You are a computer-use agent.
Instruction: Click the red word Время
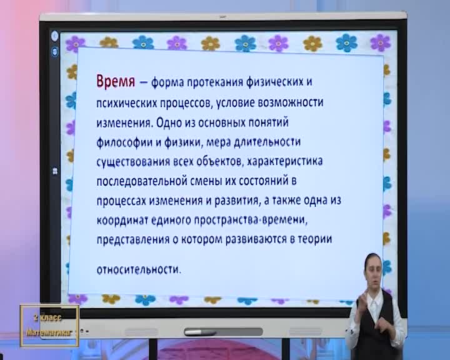(x=116, y=81)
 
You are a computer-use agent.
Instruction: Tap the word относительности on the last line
(x=139, y=269)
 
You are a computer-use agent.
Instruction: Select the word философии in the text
(x=124, y=142)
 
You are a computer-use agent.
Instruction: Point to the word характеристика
(x=285, y=161)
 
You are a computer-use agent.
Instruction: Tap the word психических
(x=126, y=103)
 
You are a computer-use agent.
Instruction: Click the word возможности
(x=291, y=102)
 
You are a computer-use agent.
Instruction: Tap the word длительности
(x=267, y=142)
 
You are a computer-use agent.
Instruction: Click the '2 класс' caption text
(x=47, y=317)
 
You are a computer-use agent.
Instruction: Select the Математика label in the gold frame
(x=49, y=332)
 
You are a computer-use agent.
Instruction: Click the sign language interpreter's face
(x=373, y=272)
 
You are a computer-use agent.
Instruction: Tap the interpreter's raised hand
(x=362, y=301)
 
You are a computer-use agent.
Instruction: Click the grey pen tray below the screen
(x=223, y=332)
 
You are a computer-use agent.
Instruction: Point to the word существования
(x=133, y=162)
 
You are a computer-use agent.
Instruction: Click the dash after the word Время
(x=143, y=82)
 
